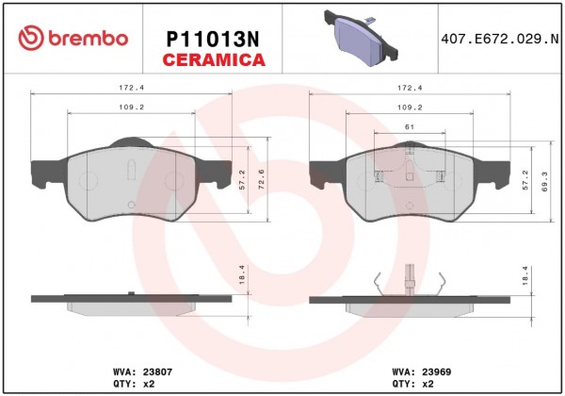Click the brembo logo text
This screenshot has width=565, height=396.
pyautogui.click(x=88, y=39)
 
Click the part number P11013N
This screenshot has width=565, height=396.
pyautogui.click(x=213, y=40)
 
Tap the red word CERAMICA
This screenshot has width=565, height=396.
pyautogui.click(x=214, y=59)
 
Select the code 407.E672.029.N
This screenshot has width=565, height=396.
pyautogui.click(x=500, y=39)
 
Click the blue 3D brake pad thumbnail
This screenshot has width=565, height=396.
pyautogui.click(x=361, y=38)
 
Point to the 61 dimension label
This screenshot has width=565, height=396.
pyautogui.click(x=410, y=127)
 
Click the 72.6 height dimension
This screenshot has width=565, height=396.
pyautogui.click(x=262, y=179)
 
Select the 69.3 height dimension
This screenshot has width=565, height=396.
pyautogui.click(x=544, y=181)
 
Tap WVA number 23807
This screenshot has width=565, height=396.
pyautogui.click(x=158, y=371)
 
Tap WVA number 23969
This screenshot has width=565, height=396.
pyautogui.click(x=436, y=371)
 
